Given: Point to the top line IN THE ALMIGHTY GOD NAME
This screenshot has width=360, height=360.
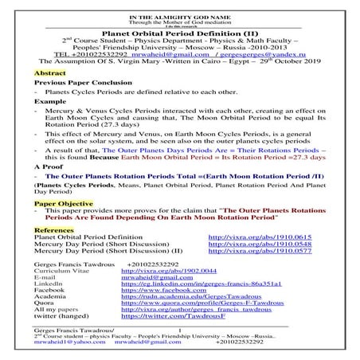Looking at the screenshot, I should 179,5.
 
